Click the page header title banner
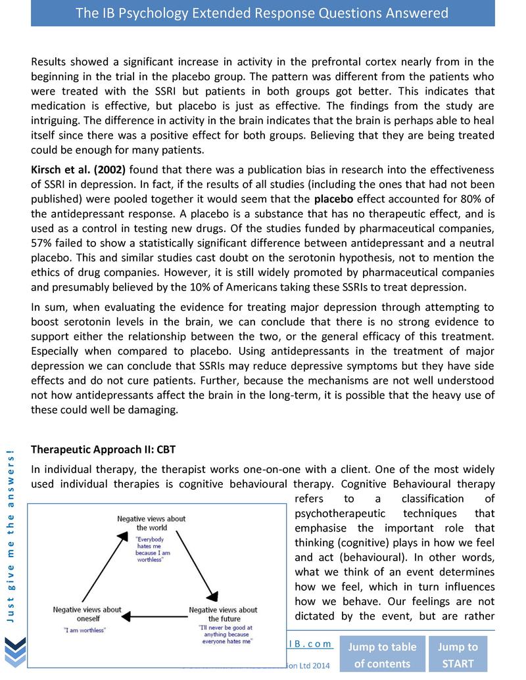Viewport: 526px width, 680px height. point(262,13)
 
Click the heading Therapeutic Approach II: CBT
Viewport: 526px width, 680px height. point(103,449)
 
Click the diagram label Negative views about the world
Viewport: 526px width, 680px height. point(151,523)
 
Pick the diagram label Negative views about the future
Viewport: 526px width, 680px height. point(223,614)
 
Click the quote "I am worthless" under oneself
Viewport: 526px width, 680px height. point(85,629)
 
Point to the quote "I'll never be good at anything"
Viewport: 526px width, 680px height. point(224,635)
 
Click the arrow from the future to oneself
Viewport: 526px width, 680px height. point(155,616)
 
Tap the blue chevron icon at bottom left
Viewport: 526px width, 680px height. point(15,652)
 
